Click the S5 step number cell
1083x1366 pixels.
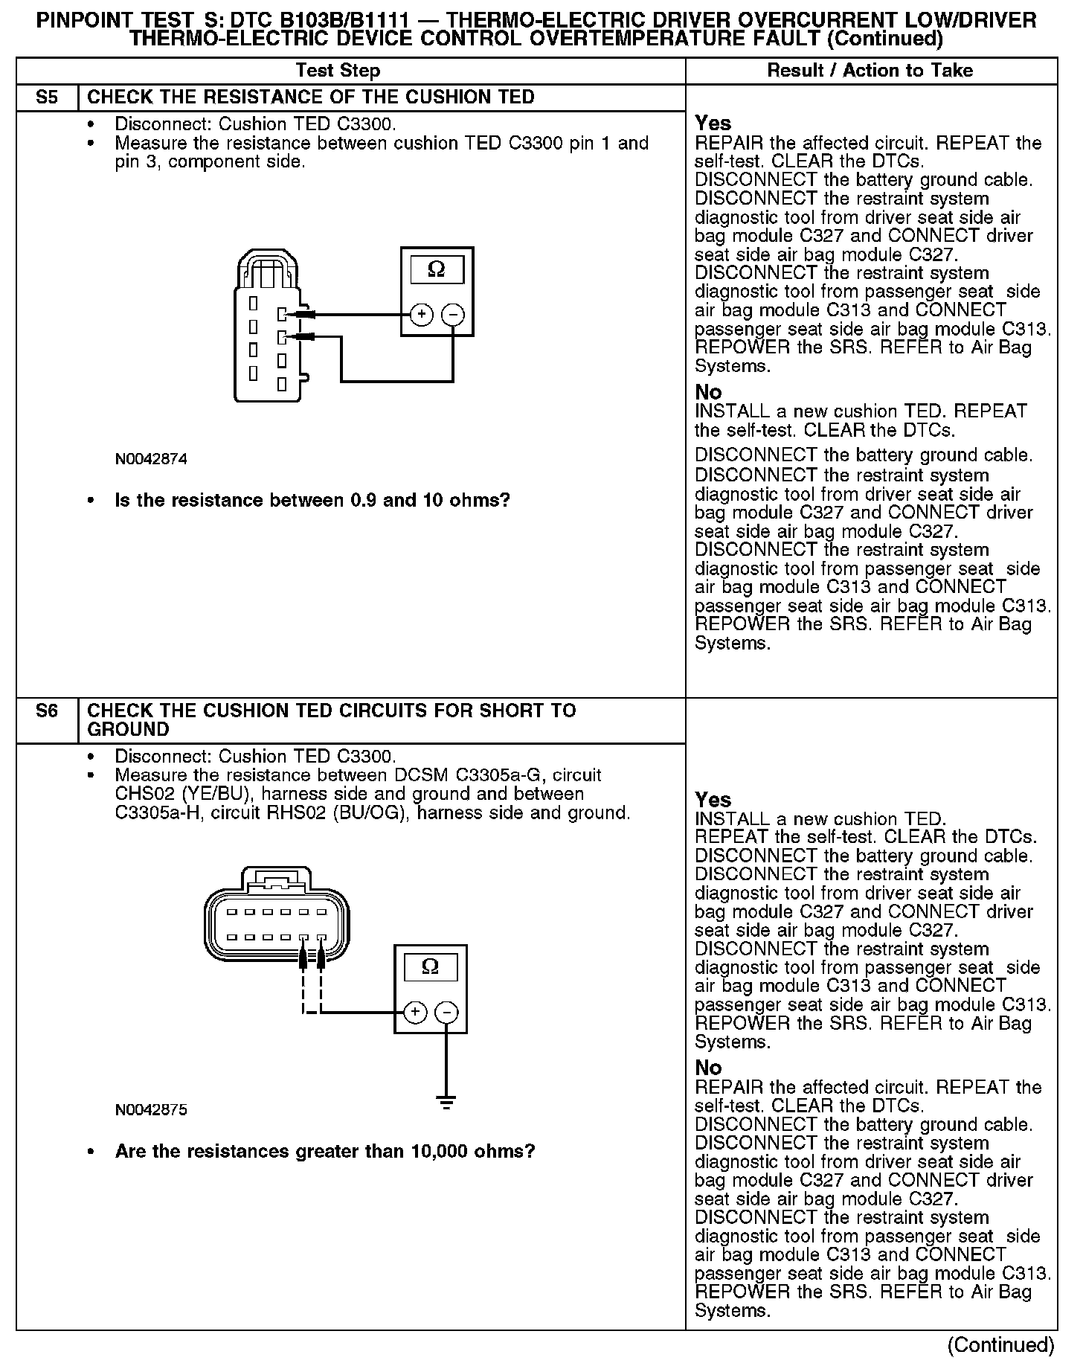point(46,97)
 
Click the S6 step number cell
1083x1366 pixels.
point(46,711)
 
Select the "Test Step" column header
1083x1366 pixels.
point(338,71)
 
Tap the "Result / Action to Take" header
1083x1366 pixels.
point(870,71)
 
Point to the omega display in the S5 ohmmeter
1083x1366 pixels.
point(437,269)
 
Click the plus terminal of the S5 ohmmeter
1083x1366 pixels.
point(421,315)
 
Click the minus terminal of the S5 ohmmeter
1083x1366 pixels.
point(453,315)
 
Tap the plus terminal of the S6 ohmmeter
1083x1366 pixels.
point(414,1012)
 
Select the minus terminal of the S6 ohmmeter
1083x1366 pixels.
point(446,1012)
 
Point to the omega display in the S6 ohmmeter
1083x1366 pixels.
point(430,966)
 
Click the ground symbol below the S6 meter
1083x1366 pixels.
point(446,1102)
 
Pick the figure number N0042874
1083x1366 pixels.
point(151,459)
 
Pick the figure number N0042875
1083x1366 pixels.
point(151,1110)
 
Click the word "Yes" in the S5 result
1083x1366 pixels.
point(713,124)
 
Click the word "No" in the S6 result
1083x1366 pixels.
point(708,1068)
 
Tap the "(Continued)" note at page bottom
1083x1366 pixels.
point(1000,1344)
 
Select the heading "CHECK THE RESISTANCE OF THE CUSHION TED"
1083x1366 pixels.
point(311,97)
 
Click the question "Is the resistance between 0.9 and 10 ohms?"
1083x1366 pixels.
point(312,500)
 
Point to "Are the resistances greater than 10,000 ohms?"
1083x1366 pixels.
point(325,1151)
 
